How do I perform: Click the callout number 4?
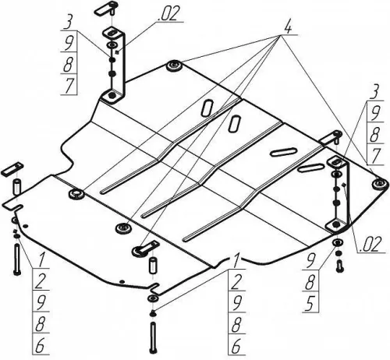pyautogui.click(x=288, y=27)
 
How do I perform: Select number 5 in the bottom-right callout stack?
pyautogui.click(x=310, y=303)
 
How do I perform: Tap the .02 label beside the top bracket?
pyautogui.click(x=168, y=13)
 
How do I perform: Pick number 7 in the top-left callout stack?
pyautogui.click(x=69, y=85)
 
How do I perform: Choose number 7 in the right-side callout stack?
pyautogui.click(x=374, y=156)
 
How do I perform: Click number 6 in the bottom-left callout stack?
pyautogui.click(x=40, y=346)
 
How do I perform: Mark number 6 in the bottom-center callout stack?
pyautogui.click(x=236, y=346)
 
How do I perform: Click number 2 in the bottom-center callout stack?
pyautogui.click(x=236, y=282)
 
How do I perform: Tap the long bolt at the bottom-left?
pyautogui.click(x=17, y=259)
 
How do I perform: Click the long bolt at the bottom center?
pyautogui.click(x=153, y=337)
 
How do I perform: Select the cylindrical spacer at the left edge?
pyautogui.click(x=16, y=186)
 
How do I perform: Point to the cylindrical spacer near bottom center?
pyautogui.click(x=153, y=265)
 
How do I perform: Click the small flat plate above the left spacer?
pyautogui.click(x=12, y=169)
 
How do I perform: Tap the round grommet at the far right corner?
pyautogui.click(x=380, y=184)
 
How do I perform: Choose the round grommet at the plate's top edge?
pyautogui.click(x=174, y=65)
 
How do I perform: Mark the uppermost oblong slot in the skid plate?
pyautogui.click(x=207, y=108)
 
